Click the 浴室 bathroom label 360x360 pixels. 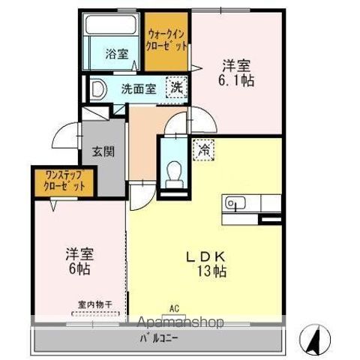pos(115,53)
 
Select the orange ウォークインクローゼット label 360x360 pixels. pos(166,39)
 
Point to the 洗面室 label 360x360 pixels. pos(139,88)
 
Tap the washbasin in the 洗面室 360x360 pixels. pos(97,89)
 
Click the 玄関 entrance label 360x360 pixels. pos(103,151)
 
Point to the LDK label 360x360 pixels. pos(203,255)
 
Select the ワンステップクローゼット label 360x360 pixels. pos(63,181)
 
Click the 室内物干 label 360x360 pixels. pos(94,305)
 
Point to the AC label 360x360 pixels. pos(174,308)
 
